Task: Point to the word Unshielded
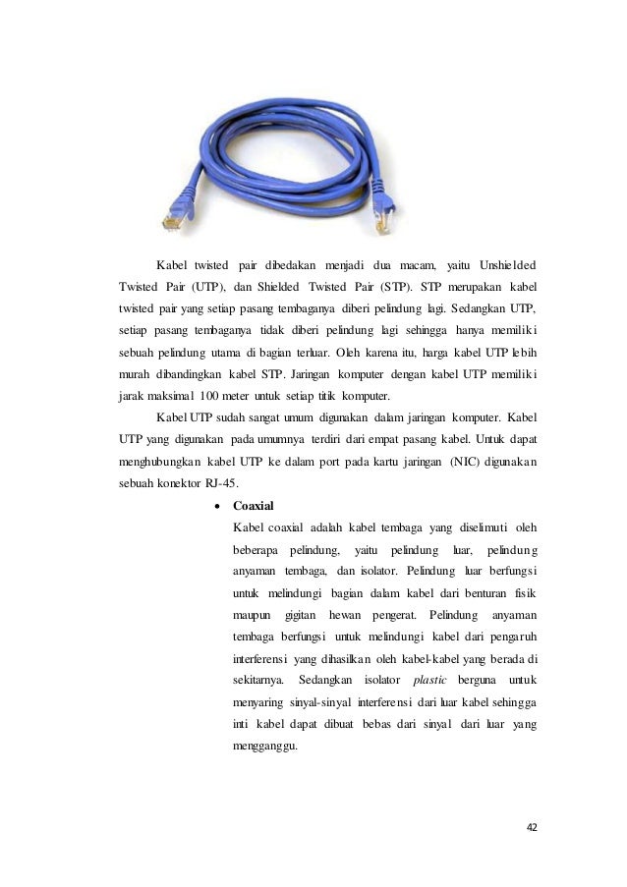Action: (508, 265)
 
